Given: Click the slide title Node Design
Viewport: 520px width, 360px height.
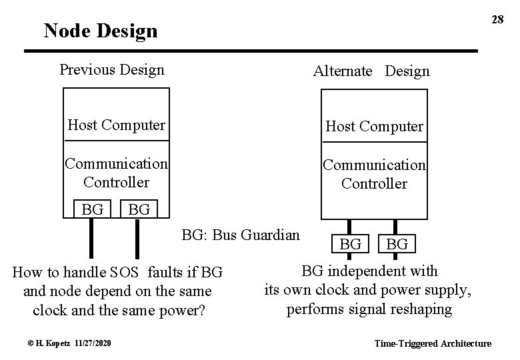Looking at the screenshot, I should pos(100,31).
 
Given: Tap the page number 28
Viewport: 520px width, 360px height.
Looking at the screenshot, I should pos(497,19).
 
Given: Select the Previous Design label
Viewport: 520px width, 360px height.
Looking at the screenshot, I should pos(112,70).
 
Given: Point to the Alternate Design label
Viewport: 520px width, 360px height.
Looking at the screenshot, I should pos(371,71).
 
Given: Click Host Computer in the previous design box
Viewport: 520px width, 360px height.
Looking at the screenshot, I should pos(117,125).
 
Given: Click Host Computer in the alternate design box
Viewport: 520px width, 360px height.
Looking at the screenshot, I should pos(374,126).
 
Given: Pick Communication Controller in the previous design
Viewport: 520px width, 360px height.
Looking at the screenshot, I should pos(116,172).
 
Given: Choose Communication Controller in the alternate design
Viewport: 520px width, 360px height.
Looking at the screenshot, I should pos(374,173).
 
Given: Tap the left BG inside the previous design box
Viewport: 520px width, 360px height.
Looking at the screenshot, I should pos(92,209).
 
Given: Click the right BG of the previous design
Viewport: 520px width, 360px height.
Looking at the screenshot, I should pos(139,210).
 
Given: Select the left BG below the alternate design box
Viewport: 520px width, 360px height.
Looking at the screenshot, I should pos(351,244).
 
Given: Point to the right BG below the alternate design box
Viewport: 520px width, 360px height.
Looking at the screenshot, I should pos(397,244).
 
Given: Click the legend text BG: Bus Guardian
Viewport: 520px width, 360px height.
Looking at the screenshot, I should pos(241,235).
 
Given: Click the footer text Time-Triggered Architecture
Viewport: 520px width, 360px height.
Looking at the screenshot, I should pos(433,344).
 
